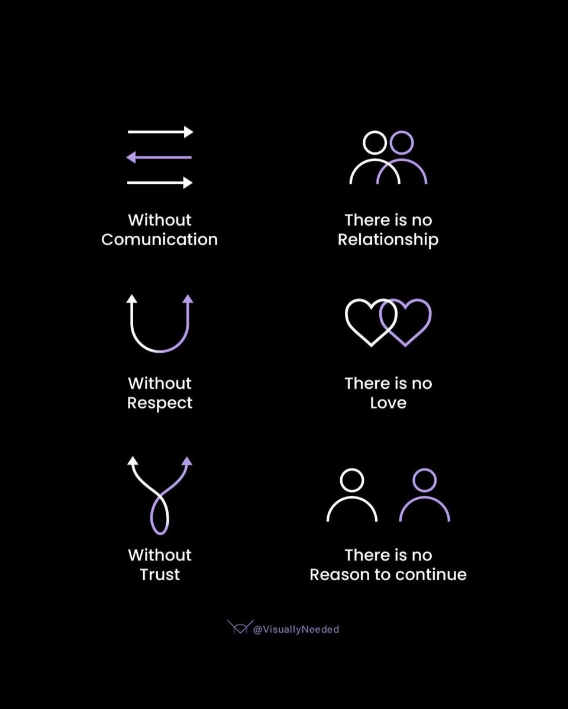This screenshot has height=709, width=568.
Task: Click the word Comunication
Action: pyautogui.click(x=160, y=239)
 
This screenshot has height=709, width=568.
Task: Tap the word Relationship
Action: pyautogui.click(x=388, y=239)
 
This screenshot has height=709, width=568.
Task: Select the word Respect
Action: pyautogui.click(x=160, y=403)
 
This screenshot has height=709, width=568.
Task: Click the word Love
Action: pyautogui.click(x=388, y=403)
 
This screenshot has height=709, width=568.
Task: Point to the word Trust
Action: pyautogui.click(x=160, y=574)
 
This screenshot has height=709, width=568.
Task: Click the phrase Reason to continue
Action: pyautogui.click(x=388, y=574)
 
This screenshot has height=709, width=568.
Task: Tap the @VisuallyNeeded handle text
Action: pyautogui.click(x=296, y=629)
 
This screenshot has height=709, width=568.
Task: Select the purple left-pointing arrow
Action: pyautogui.click(x=160, y=157)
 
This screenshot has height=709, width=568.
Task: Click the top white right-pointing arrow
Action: pyautogui.click(x=160, y=132)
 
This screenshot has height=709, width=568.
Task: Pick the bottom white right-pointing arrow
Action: pyautogui.click(x=160, y=183)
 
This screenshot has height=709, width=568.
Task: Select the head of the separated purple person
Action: pyautogui.click(x=424, y=480)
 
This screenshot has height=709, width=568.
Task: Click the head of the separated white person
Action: pyautogui.click(x=353, y=480)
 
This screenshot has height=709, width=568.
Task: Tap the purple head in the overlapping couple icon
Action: pyautogui.click(x=402, y=142)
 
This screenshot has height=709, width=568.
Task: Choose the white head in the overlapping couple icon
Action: pyautogui.click(x=375, y=142)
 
